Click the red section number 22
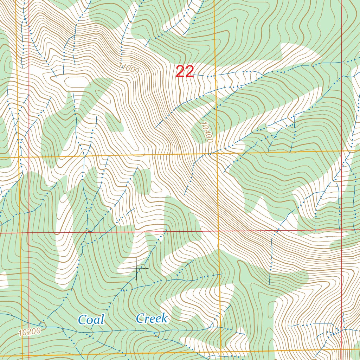(185, 72)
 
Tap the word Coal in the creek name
(91, 320)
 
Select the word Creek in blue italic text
(152, 319)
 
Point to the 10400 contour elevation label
(207, 132)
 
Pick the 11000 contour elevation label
(129, 68)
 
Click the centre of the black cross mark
(136, 268)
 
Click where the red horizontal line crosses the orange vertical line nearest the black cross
(218, 231)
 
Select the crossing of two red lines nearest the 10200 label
(28, 233)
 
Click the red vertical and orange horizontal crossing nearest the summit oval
(28, 157)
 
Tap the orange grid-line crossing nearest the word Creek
(220, 352)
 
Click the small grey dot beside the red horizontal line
(327, 237)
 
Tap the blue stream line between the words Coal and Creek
(120, 331)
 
